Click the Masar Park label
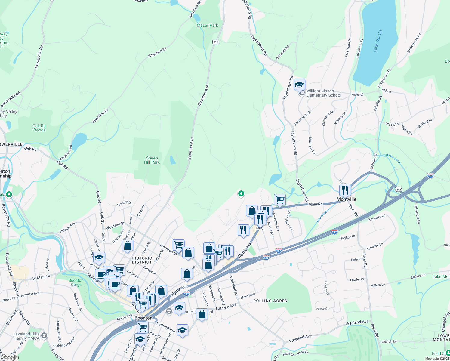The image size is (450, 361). pyautogui.click(x=207, y=26)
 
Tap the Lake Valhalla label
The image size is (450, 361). pyautogui.click(x=378, y=41)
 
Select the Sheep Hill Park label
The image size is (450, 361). pyautogui.click(x=152, y=160)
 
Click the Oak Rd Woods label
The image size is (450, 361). pyautogui.click(x=39, y=128)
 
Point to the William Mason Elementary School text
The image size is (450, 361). pyautogui.click(x=323, y=93)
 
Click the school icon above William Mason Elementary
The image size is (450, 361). pyautogui.click(x=299, y=85)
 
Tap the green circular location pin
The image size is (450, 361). pyautogui.click(x=241, y=194)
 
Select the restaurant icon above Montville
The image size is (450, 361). pyautogui.click(x=345, y=190)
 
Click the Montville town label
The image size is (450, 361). pyautogui.click(x=346, y=199)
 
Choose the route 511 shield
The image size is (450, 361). pyautogui.click(x=216, y=42)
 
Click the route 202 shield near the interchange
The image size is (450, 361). pyautogui.click(x=399, y=189)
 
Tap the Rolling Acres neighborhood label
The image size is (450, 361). pyautogui.click(x=270, y=301)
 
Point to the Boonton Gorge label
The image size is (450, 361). pyautogui.click(x=76, y=282)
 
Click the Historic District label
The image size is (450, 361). pyautogui.click(x=142, y=260)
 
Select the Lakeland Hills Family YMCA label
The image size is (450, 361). pyautogui.click(x=27, y=336)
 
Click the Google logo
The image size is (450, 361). pyautogui.click(x=10, y=357)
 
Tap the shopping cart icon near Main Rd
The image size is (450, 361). pyautogui.click(x=280, y=199)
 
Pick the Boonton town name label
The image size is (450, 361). pyautogui.click(x=143, y=318)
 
